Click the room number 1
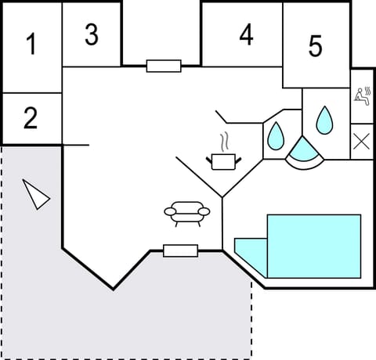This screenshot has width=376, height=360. click(31, 45)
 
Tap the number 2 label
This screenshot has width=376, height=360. click(31, 118)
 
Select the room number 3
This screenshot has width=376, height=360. click(92, 34)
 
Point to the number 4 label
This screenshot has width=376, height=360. click(247, 35)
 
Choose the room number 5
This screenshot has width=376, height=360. click(315, 46)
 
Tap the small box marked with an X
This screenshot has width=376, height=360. click(362, 142)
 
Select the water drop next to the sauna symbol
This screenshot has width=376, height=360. click(324, 120)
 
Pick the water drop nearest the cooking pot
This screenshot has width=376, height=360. click(276, 137)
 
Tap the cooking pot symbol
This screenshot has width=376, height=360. click(223, 160)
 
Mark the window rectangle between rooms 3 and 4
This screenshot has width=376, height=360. click(164, 66)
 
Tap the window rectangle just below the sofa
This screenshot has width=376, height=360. click(180, 250)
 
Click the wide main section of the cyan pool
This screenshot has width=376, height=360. click(313, 243)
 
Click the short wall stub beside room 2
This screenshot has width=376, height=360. click(75, 145)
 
